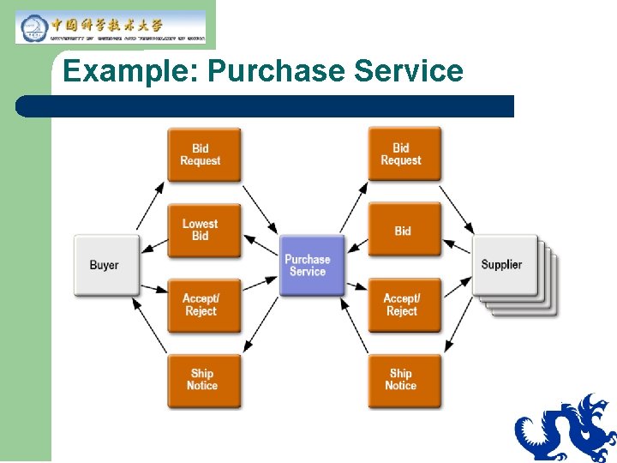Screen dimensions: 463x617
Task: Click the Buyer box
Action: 105,265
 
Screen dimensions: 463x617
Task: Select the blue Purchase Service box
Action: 307,265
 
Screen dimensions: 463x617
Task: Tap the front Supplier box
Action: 504,265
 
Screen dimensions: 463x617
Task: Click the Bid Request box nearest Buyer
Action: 203,154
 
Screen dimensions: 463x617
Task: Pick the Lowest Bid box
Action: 203,230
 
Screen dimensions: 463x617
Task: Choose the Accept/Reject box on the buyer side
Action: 203,304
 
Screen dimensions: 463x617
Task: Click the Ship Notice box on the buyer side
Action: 203,380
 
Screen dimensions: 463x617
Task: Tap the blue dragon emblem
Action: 565,429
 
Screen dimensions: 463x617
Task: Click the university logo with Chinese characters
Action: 111,27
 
